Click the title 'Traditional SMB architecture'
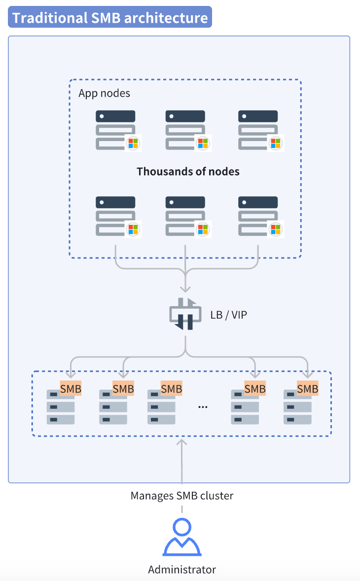click(x=110, y=17)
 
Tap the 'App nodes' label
click(x=104, y=93)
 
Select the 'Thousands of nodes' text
click(x=188, y=172)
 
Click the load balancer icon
click(x=185, y=314)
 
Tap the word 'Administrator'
click(x=182, y=570)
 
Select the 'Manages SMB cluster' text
click(x=182, y=496)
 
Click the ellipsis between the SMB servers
click(x=203, y=407)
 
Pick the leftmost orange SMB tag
click(x=71, y=389)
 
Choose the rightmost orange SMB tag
click(x=308, y=389)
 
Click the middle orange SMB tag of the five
click(x=172, y=389)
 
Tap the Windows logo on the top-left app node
click(x=133, y=143)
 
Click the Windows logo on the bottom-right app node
click(x=275, y=229)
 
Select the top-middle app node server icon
click(x=185, y=130)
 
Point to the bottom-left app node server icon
click(x=115, y=216)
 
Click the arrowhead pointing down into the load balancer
click(x=185, y=289)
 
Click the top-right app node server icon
click(x=258, y=130)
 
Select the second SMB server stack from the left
click(x=112, y=407)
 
